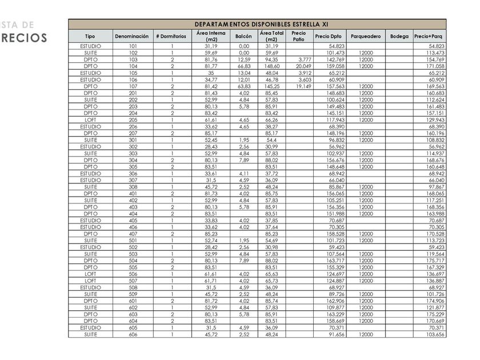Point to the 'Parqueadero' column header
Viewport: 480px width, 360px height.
click(366, 36)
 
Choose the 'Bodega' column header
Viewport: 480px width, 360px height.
click(399, 36)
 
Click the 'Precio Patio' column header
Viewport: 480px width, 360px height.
click(298, 36)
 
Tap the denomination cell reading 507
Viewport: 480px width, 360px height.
click(133, 281)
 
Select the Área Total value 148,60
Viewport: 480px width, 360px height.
click(271, 66)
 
